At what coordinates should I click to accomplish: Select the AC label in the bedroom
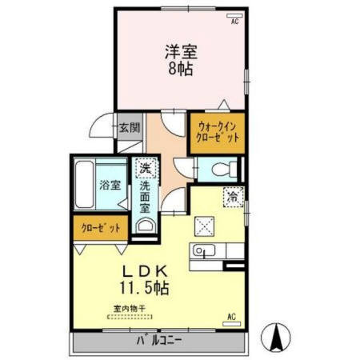pos(235,22)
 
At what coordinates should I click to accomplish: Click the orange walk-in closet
pos(217,131)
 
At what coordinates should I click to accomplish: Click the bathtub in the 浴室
pos(86,184)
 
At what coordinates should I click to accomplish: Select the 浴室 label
pos(110,185)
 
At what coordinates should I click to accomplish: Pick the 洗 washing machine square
pos(144,168)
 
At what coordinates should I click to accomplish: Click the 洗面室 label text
pos(144,195)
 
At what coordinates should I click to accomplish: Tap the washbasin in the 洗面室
pos(144,226)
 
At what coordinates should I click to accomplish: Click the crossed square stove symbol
pos(204,227)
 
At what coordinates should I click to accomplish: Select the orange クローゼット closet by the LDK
pos(100,228)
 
